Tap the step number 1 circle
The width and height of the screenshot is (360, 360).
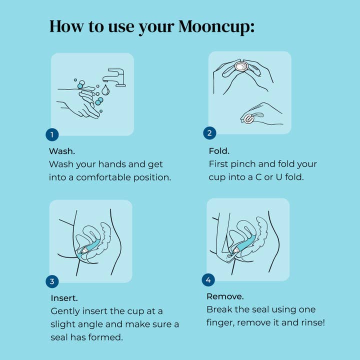pyautogui.click(x=52, y=134)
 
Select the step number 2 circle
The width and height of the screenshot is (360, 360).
pyautogui.click(x=210, y=133)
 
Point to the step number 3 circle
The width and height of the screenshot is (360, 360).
pyautogui.click(x=52, y=281)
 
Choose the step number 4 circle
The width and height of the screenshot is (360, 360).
pyautogui.click(x=208, y=279)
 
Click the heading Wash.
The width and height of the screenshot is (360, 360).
pyautogui.click(x=62, y=150)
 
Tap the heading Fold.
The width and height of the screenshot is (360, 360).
pyautogui.click(x=219, y=150)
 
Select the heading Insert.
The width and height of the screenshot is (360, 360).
pyautogui.click(x=64, y=298)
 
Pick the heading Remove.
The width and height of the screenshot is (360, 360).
pyautogui.click(x=225, y=296)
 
